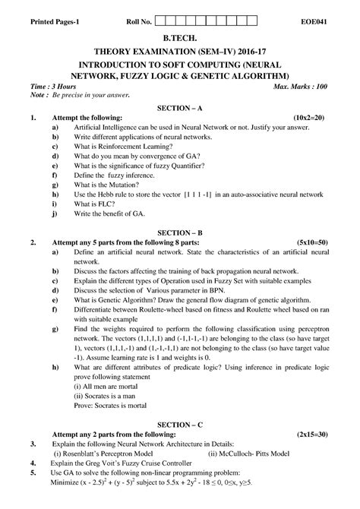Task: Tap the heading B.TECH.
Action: coord(180,35)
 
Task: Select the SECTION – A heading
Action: coord(179,108)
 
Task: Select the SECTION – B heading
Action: coord(179,231)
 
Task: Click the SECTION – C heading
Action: coord(179,422)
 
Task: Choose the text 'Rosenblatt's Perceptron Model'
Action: coord(112,454)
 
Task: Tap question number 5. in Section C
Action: coord(33,473)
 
